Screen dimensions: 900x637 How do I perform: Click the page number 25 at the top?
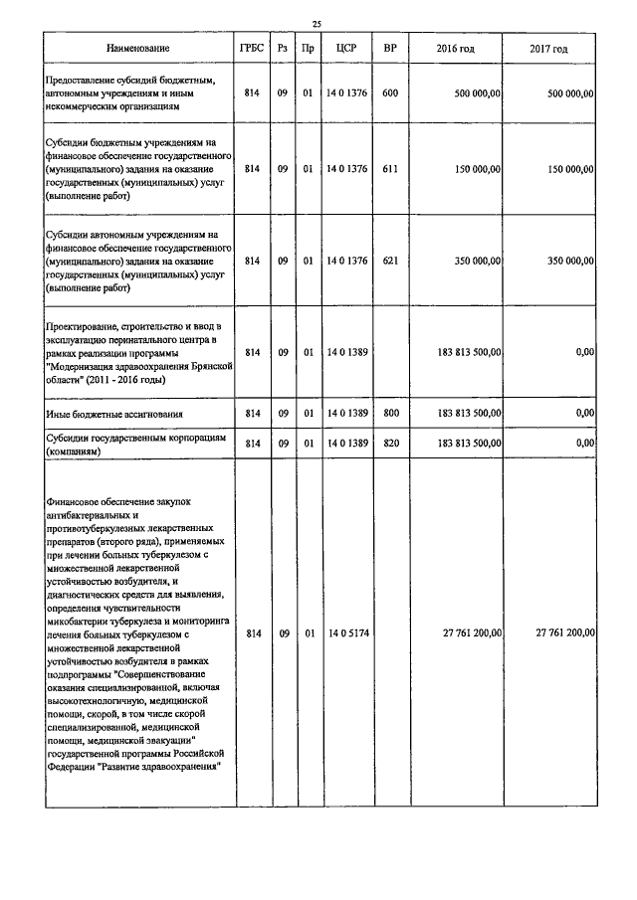click(x=317, y=24)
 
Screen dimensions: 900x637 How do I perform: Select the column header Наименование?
click(x=139, y=49)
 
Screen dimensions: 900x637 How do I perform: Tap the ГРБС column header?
click(x=252, y=49)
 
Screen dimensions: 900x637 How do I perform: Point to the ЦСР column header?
click(x=346, y=49)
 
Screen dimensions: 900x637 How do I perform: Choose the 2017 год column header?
click(x=549, y=49)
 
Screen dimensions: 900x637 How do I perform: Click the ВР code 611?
click(x=390, y=169)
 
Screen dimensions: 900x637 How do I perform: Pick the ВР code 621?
click(x=390, y=261)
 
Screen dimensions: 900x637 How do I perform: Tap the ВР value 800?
click(x=390, y=412)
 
